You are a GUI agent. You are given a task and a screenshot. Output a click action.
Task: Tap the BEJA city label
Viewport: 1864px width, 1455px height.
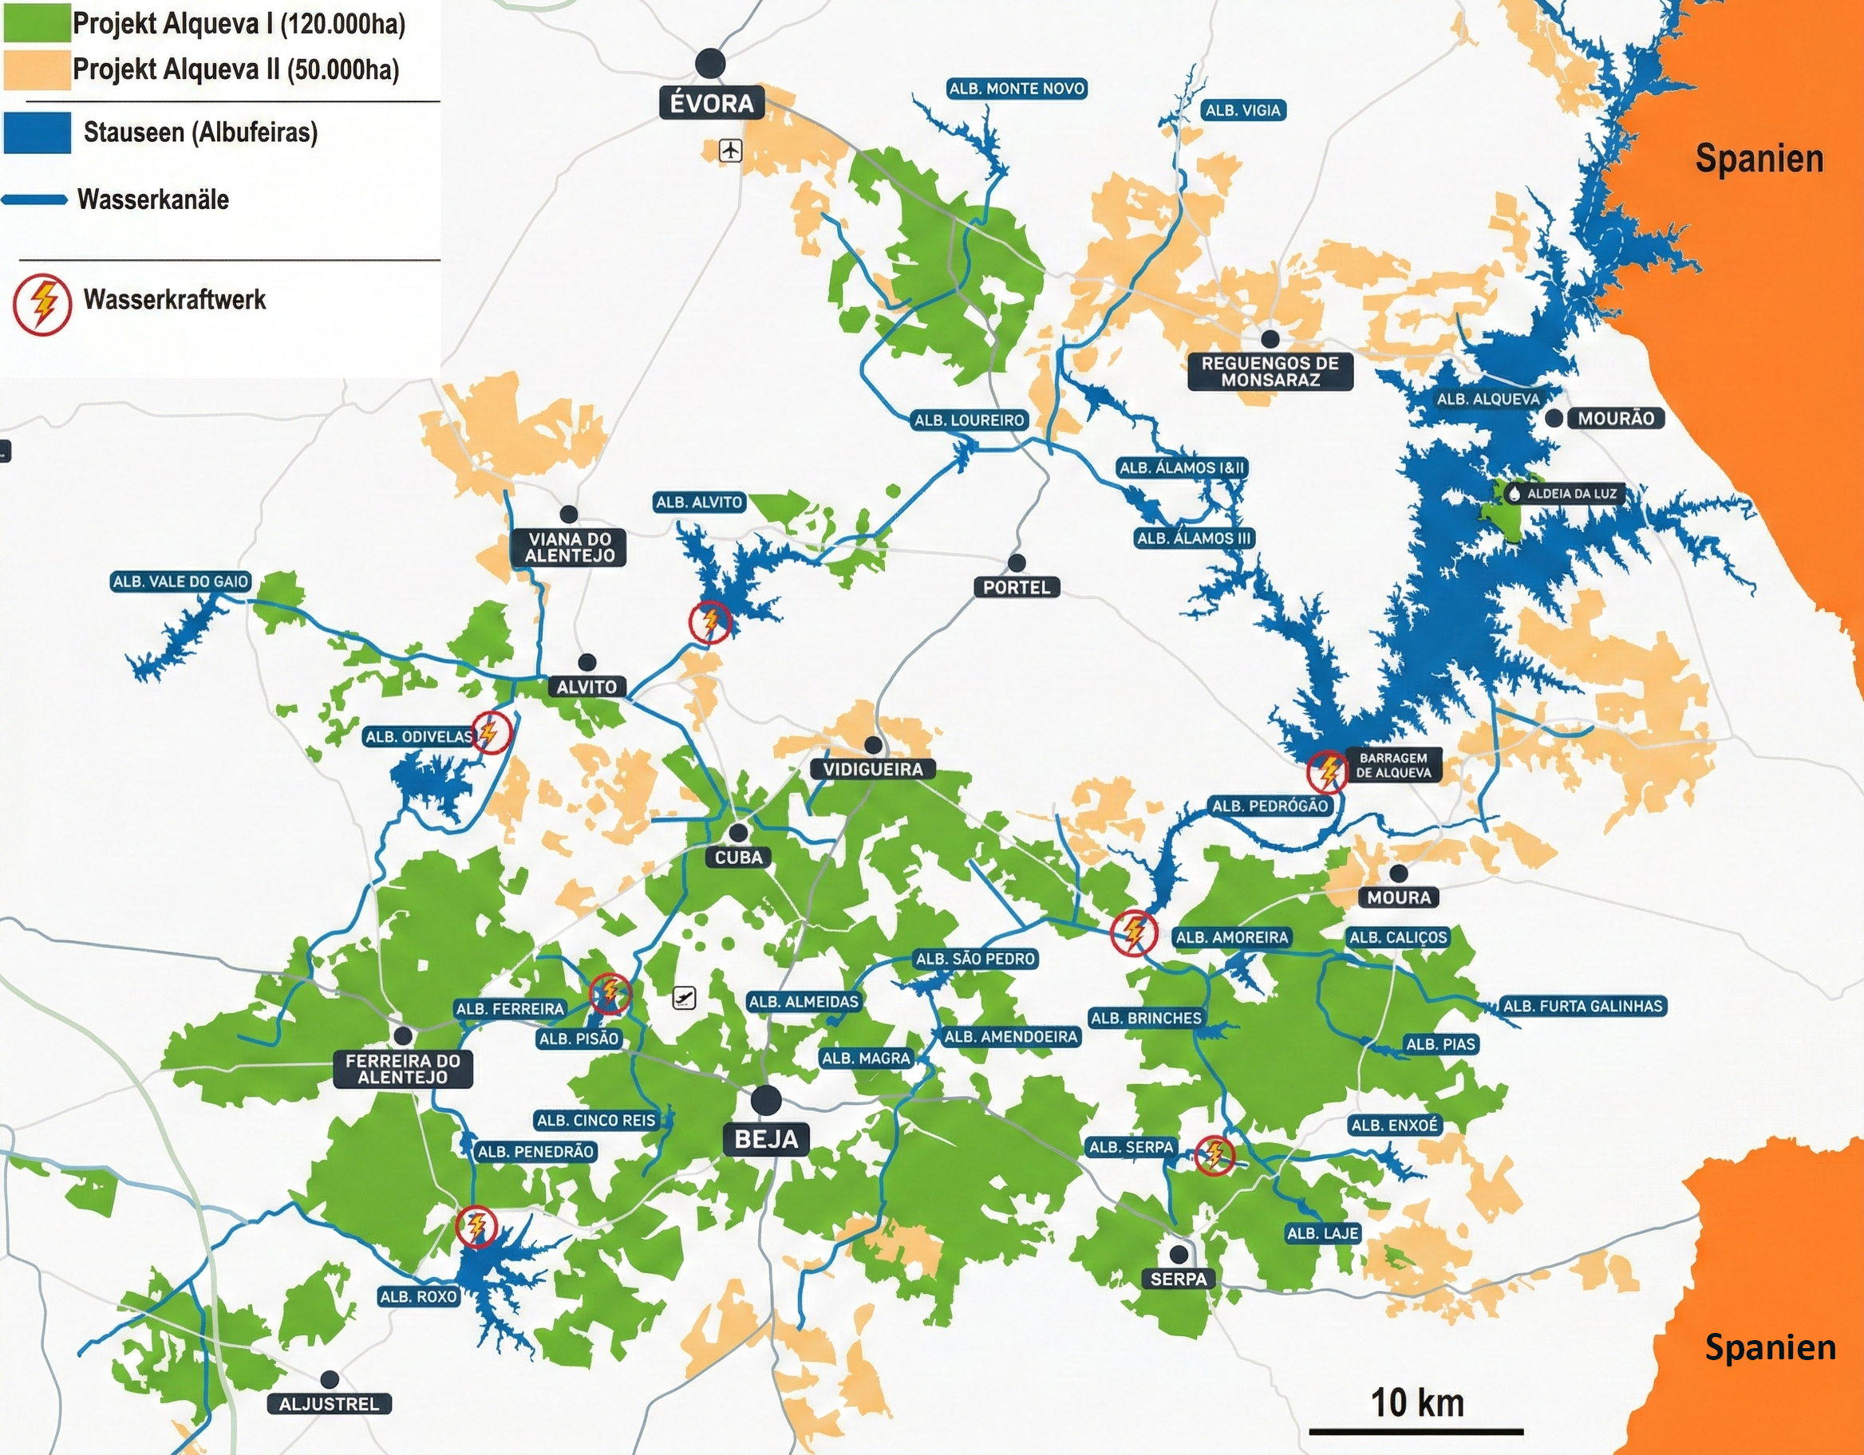pyautogui.click(x=766, y=1138)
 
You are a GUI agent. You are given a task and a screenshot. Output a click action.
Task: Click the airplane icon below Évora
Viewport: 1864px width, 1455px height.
pyautogui.click(x=731, y=151)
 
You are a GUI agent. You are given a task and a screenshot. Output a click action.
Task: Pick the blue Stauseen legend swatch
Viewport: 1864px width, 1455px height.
pyautogui.click(x=37, y=132)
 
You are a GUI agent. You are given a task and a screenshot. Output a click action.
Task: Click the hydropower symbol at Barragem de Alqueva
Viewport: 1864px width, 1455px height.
pyautogui.click(x=1328, y=771)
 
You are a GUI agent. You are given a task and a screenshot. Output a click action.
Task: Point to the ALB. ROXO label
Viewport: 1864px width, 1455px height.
pyautogui.click(x=418, y=1296)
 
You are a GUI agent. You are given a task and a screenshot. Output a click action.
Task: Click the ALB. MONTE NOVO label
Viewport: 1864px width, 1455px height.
pyautogui.click(x=1017, y=88)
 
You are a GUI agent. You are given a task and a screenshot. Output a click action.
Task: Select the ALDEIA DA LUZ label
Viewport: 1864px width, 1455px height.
pyautogui.click(x=1570, y=493)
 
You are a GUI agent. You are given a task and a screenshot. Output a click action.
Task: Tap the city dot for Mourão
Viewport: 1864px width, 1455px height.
pyautogui.click(x=1554, y=418)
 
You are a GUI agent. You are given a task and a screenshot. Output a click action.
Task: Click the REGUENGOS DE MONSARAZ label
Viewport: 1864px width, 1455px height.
pyautogui.click(x=1270, y=371)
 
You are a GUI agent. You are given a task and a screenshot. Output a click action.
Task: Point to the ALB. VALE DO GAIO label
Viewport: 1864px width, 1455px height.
pyautogui.click(x=181, y=582)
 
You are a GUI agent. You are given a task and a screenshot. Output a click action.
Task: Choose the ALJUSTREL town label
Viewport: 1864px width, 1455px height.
pyautogui.click(x=329, y=1403)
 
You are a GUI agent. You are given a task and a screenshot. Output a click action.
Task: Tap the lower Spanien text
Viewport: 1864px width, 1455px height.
pyautogui.click(x=1770, y=1347)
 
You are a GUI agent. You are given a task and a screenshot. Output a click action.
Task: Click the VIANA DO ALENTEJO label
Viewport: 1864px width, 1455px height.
pyautogui.click(x=569, y=547)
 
